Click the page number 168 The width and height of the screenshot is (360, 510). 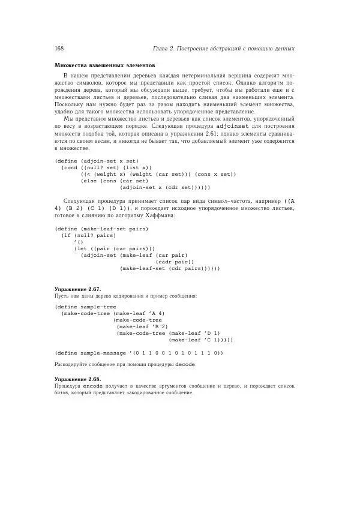point(59,48)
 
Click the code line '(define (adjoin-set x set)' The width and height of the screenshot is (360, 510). point(96,161)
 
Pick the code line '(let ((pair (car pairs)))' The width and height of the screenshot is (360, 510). point(114,248)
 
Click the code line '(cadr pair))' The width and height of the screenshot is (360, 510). point(175,262)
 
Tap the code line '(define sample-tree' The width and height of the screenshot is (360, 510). point(85,307)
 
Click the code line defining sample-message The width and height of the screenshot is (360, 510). point(139,353)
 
